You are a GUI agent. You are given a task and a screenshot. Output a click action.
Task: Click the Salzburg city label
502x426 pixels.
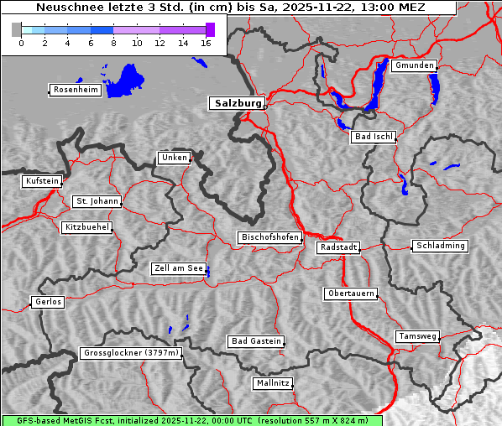pos(236,103)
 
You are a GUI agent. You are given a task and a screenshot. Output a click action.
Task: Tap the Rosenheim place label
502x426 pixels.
pos(74,90)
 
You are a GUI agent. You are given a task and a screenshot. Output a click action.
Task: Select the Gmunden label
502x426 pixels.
pos(414,65)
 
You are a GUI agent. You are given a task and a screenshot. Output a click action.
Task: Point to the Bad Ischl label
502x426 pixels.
pos(373,137)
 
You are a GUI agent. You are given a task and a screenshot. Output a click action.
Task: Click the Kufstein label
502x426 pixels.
pos(42,181)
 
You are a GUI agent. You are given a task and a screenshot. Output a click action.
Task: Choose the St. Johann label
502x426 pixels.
pos(97,201)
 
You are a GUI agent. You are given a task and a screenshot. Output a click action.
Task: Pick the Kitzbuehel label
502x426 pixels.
pos(86,227)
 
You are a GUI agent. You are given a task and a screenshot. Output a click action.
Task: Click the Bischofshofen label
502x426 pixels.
pos(269,238)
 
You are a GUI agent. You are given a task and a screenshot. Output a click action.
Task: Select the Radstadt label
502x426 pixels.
pos(338,247)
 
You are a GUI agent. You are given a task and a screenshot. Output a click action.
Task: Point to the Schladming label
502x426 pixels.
pos(440,246)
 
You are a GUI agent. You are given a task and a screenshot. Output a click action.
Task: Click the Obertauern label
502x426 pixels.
pos(351,294)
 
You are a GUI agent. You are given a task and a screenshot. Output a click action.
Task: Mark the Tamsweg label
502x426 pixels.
pos(417,336)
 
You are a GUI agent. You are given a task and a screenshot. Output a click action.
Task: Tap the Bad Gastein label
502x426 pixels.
pos(256,341)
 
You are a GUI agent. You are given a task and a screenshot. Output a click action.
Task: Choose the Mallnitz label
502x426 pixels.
pos(273,383)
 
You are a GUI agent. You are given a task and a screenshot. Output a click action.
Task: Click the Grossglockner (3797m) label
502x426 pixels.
pos(131,353)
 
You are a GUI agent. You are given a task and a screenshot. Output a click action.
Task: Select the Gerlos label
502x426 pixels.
pos(48,302)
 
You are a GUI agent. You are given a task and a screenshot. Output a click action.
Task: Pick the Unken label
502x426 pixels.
pos(174,158)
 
